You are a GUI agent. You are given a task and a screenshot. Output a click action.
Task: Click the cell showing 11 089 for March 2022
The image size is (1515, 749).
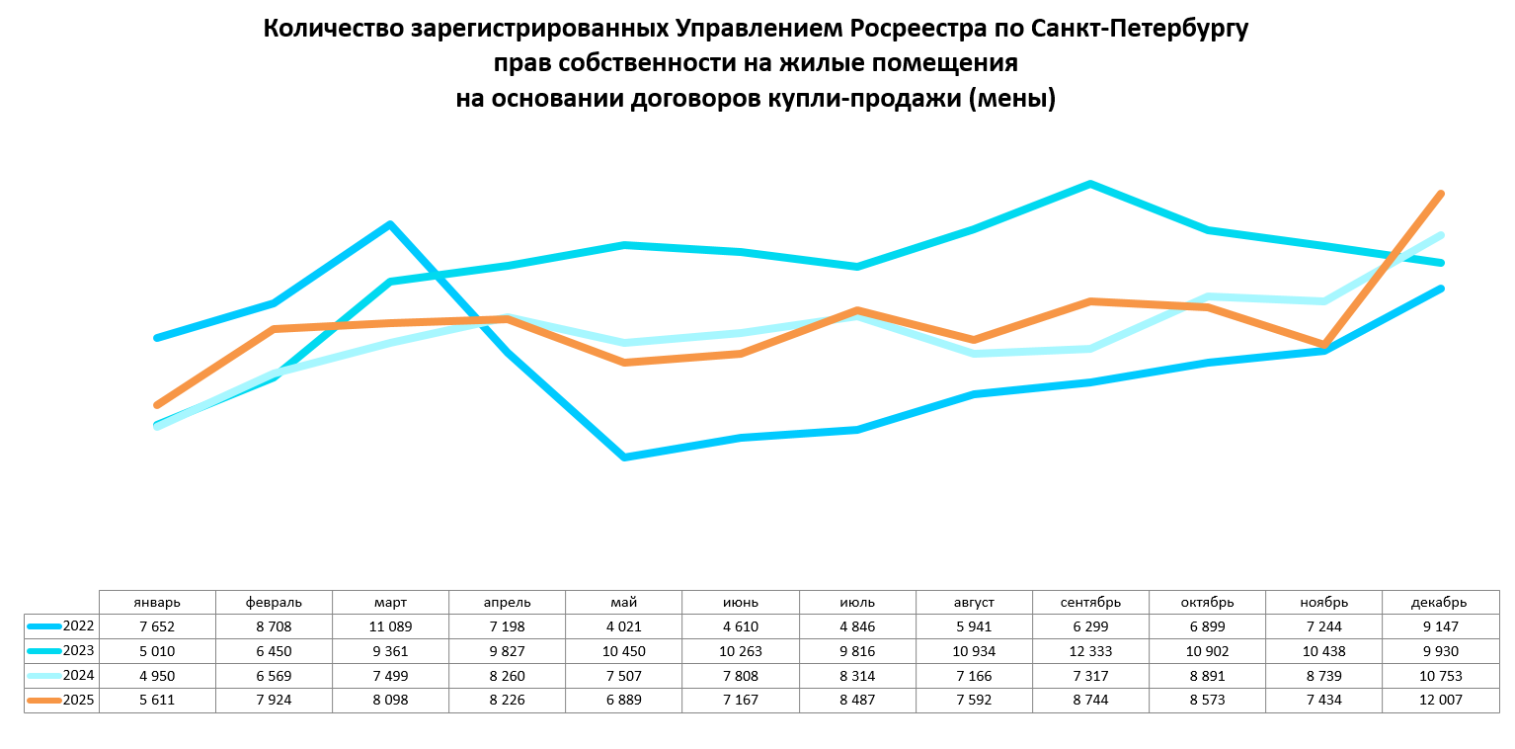point(390,626)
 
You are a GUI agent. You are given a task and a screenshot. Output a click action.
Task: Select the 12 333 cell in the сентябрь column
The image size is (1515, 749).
point(1090,651)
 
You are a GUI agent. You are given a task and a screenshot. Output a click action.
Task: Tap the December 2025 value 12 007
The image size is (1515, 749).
point(1440,701)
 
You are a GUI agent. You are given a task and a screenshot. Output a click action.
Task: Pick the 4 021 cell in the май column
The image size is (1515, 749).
point(623,626)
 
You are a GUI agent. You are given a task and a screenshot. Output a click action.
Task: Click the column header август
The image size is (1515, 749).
point(974,602)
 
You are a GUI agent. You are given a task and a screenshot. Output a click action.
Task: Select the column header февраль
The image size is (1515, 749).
point(274,602)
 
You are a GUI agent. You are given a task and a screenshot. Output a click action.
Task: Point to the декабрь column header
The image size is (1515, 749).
point(1440,602)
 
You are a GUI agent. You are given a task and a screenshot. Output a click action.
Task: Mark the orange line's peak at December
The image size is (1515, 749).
point(1442,194)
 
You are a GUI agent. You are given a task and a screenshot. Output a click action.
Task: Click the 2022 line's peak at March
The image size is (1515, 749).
point(391,224)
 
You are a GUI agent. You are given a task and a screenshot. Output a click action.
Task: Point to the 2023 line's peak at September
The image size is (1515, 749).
point(1090,184)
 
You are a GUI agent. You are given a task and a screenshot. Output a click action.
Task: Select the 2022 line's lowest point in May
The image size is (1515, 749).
point(624,458)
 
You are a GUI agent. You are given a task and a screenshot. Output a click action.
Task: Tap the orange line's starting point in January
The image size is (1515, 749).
point(157,405)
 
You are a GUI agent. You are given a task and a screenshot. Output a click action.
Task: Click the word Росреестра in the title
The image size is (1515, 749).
point(935,29)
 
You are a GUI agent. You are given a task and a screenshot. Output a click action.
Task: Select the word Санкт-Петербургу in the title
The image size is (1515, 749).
point(1140,29)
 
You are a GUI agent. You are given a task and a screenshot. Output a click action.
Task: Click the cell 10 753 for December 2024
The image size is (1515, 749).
point(1440,676)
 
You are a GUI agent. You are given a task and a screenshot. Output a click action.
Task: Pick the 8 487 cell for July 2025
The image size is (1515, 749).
point(856,701)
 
